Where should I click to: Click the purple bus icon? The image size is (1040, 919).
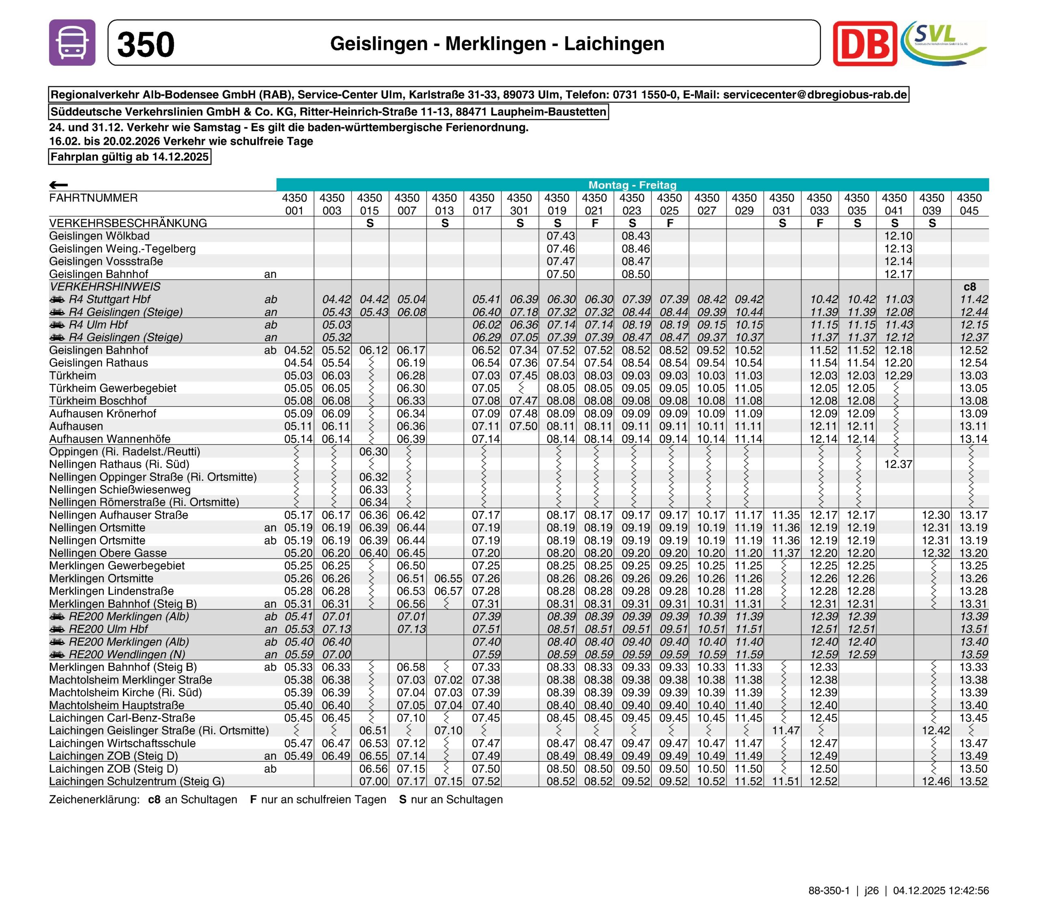click(72, 43)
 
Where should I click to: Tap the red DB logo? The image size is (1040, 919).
click(864, 44)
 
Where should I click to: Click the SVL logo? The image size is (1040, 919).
click(943, 43)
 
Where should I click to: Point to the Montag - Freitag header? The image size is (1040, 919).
click(632, 185)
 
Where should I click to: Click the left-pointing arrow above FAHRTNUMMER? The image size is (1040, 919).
click(58, 185)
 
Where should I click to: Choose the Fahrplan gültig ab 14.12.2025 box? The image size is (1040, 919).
click(129, 157)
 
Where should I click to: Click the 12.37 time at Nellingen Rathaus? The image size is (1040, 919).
click(898, 464)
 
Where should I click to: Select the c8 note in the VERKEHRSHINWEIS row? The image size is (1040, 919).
click(969, 287)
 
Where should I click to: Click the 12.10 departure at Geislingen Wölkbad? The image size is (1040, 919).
click(898, 236)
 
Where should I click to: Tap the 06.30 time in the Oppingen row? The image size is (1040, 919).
click(373, 452)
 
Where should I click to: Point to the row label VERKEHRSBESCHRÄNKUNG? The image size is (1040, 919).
click(128, 223)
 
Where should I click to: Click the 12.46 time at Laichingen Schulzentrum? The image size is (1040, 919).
click(936, 782)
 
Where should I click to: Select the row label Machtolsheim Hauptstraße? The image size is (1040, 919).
click(117, 705)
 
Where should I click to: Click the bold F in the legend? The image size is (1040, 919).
click(253, 800)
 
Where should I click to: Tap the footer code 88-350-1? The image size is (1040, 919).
click(829, 891)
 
